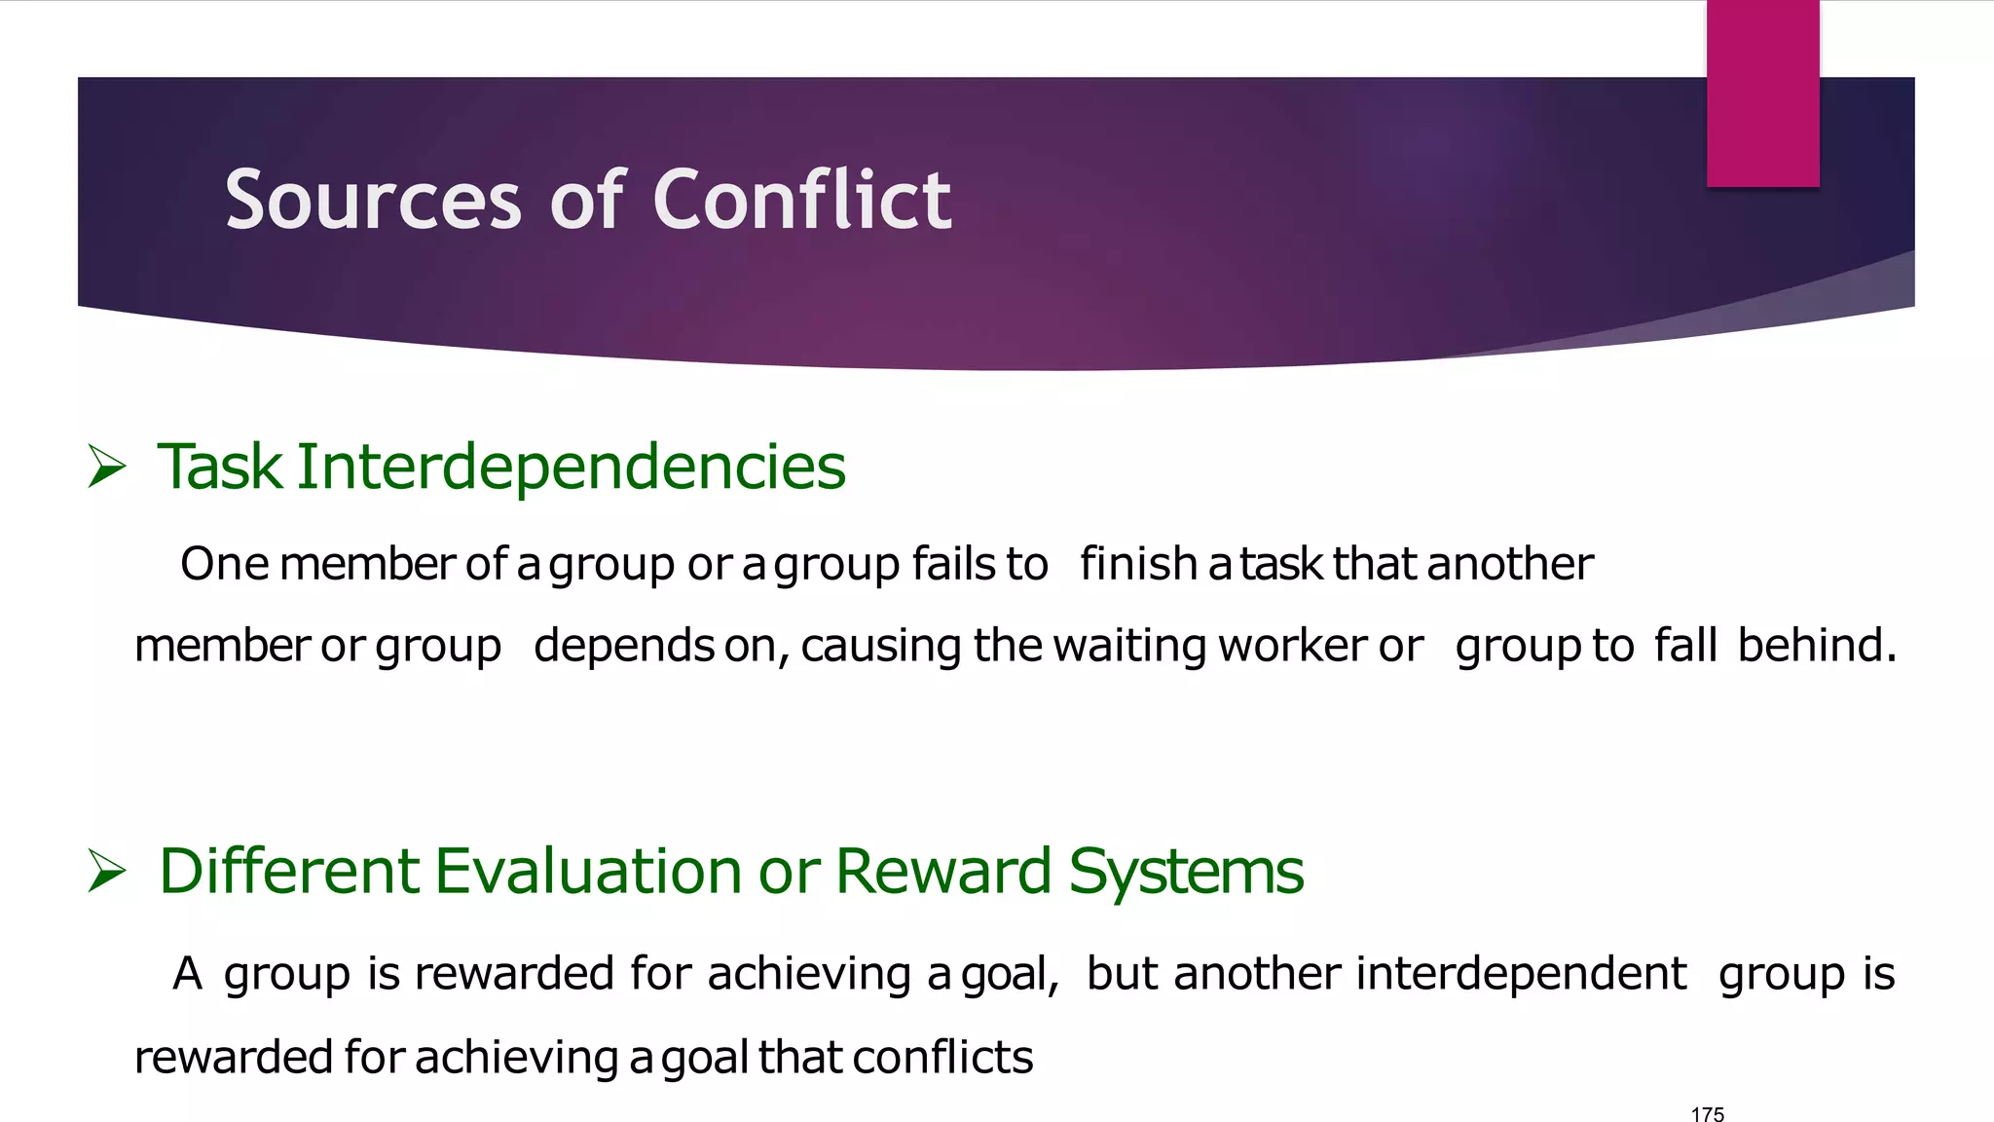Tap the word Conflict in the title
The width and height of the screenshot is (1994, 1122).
[801, 200]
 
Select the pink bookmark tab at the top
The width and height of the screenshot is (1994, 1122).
[1762, 93]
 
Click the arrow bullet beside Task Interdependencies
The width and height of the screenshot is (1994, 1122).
[107, 466]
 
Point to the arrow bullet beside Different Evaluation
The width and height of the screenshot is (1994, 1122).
[107, 870]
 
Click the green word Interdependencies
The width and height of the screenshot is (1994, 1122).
[571, 467]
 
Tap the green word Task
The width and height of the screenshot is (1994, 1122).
[220, 467]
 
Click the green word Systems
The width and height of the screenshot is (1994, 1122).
[1186, 872]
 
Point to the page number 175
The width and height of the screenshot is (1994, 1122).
[1708, 1114]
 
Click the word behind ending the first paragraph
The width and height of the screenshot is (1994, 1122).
[1817, 645]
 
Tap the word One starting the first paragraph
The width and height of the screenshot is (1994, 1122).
[224, 563]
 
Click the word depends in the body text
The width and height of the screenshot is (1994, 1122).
[624, 646]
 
